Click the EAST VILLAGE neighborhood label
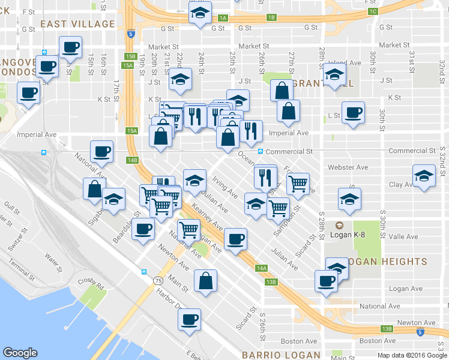pos(77,24)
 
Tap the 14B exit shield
pos(133,160)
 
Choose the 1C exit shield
pos(373,11)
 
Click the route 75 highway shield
pos(158,280)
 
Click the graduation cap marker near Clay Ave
pos(424,176)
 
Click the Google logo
pos(20,353)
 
